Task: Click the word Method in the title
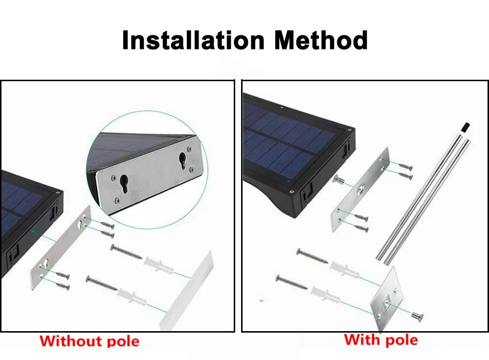coord(321,40)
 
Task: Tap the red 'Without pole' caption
coord(89,341)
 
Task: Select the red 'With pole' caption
coord(381,339)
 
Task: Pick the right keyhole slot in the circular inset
coord(182,160)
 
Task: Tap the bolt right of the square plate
coord(417,316)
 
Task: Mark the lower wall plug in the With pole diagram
coord(325,293)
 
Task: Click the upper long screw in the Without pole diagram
coord(127,252)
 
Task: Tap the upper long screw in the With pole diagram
coord(312,256)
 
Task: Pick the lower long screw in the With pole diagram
coord(291,282)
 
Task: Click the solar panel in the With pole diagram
coord(289,137)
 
